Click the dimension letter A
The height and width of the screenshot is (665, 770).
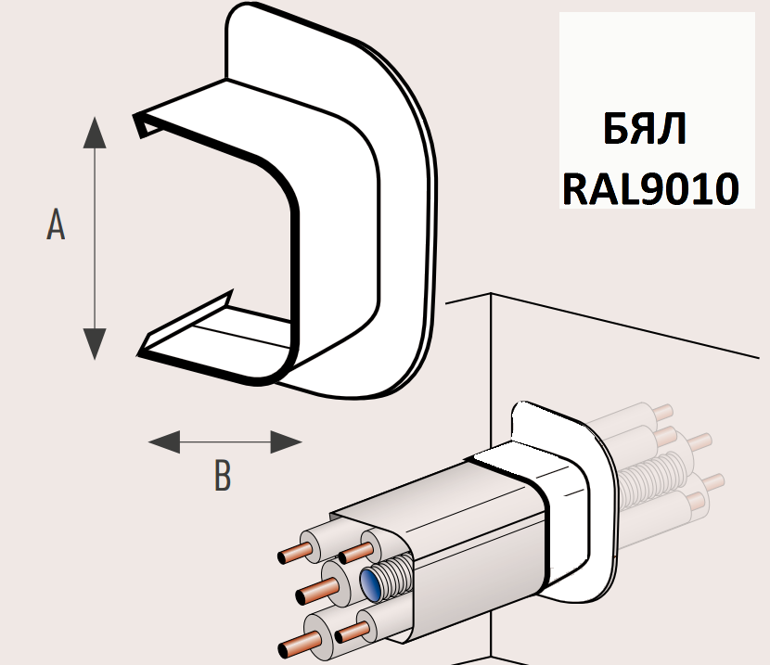click(56, 225)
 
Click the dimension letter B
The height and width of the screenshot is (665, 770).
click(222, 476)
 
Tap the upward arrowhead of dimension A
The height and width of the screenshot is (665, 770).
click(93, 133)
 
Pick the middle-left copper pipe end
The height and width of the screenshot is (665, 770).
click(302, 593)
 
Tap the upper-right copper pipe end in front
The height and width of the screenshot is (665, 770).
click(347, 555)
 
